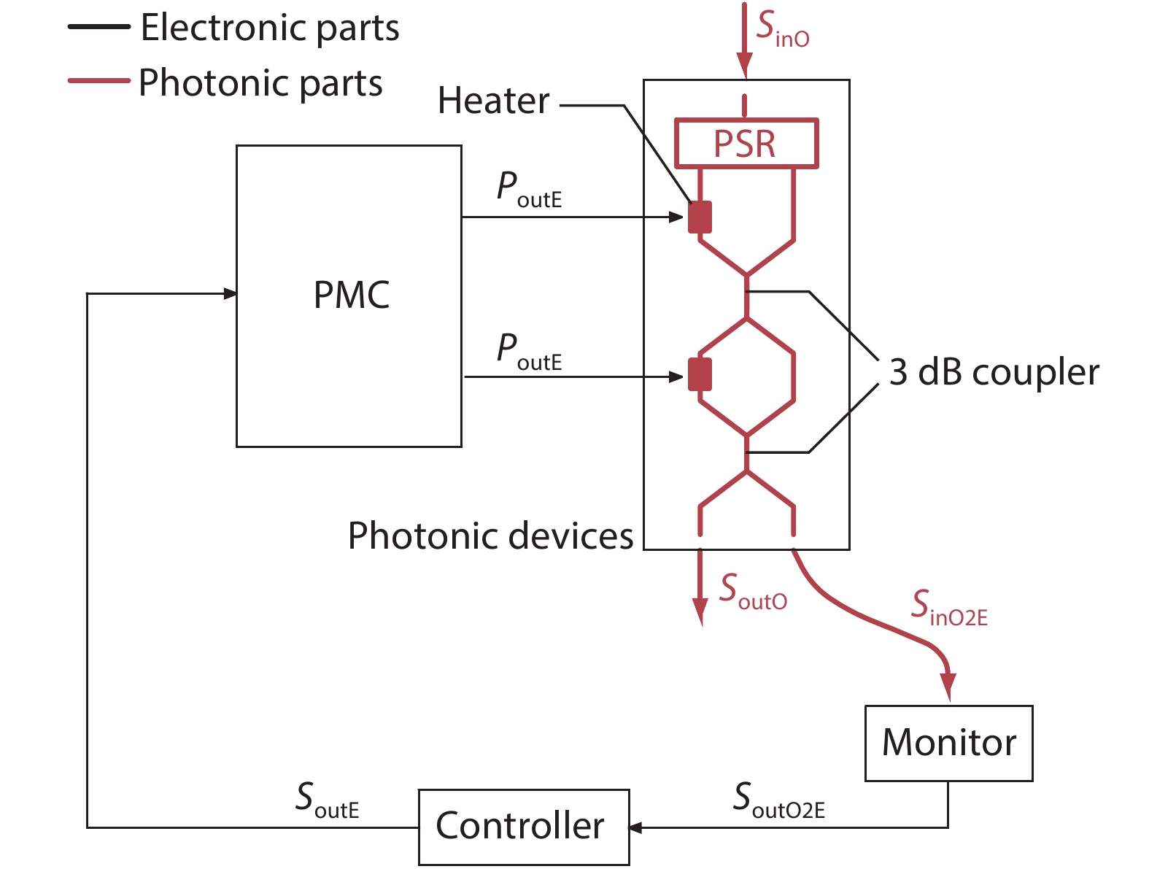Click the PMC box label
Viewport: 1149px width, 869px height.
point(351,296)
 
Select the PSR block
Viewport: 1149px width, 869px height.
point(746,144)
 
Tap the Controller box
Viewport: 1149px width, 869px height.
point(523,827)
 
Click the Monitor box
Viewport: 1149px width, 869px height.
point(948,743)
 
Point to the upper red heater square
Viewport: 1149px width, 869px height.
point(700,217)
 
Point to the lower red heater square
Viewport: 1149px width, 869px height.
point(700,375)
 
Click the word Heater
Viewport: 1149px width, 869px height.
point(493,101)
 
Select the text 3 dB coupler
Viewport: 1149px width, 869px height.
point(994,372)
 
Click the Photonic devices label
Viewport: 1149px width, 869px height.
point(490,536)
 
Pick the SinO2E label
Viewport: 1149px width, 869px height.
point(948,608)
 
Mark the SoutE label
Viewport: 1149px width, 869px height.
point(327,800)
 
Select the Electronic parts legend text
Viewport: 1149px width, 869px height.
point(270,28)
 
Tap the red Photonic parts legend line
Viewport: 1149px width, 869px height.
point(98,80)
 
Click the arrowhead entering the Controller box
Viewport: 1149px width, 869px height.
point(635,827)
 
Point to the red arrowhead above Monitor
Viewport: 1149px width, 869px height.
point(948,688)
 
